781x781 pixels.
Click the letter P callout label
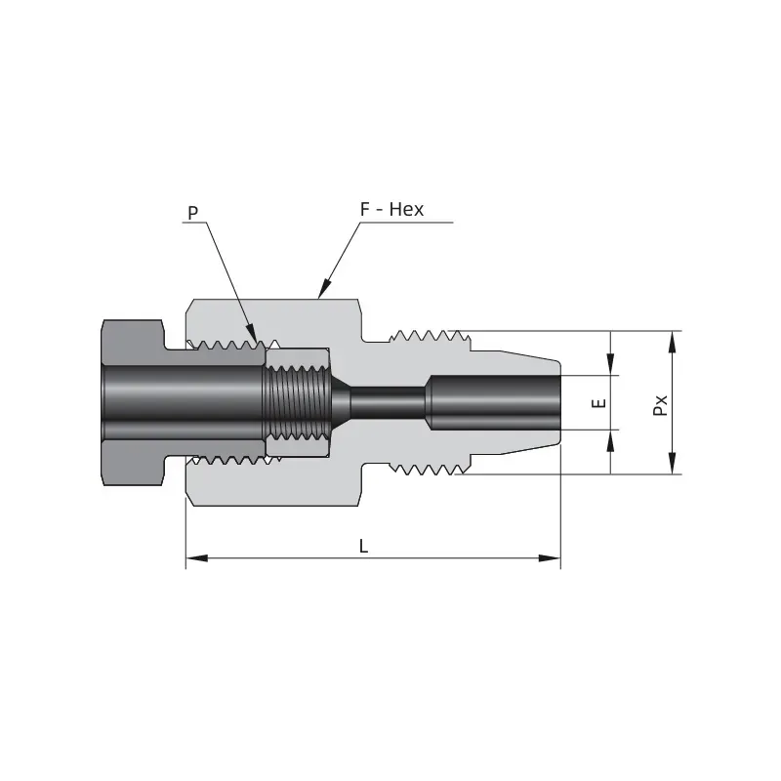pyautogui.click(x=192, y=213)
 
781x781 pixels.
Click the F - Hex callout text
pyautogui.click(x=391, y=209)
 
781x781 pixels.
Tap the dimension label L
pyautogui.click(x=363, y=547)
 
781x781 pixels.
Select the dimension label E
pyautogui.click(x=599, y=402)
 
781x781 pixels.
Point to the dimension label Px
pyautogui.click(x=660, y=405)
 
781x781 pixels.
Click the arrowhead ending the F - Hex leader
pyautogui.click(x=324, y=288)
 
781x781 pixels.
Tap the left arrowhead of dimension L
pyautogui.click(x=197, y=558)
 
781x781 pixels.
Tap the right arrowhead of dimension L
pyautogui.click(x=550, y=558)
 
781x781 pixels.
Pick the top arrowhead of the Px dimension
pyautogui.click(x=672, y=342)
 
